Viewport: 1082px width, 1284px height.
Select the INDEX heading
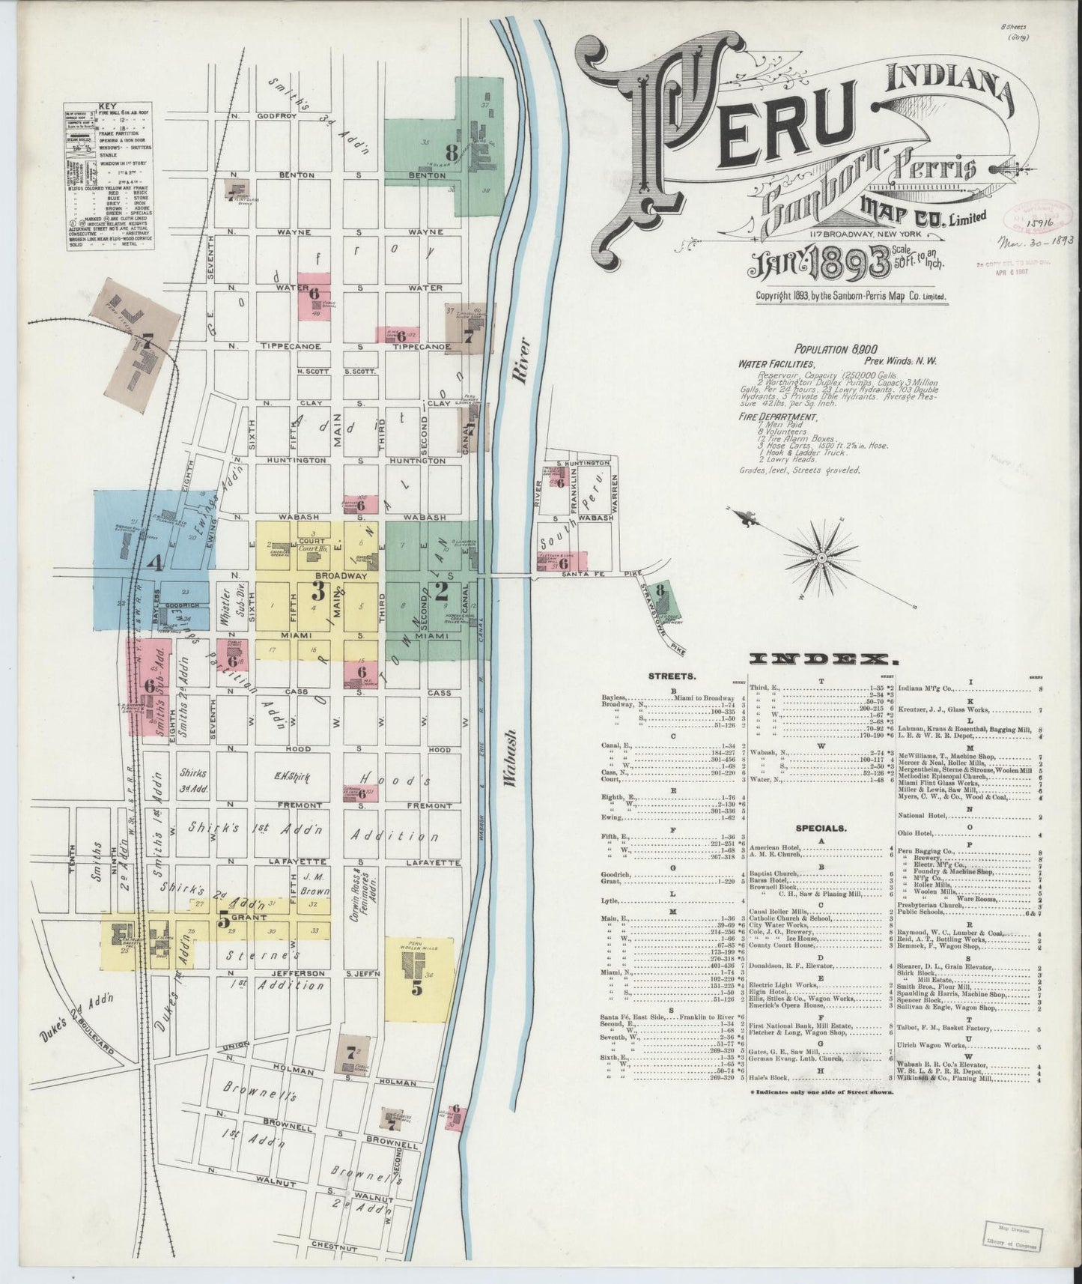coord(823,659)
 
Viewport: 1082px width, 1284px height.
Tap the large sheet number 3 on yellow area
coord(317,593)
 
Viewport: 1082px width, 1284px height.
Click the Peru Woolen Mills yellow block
coord(419,978)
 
